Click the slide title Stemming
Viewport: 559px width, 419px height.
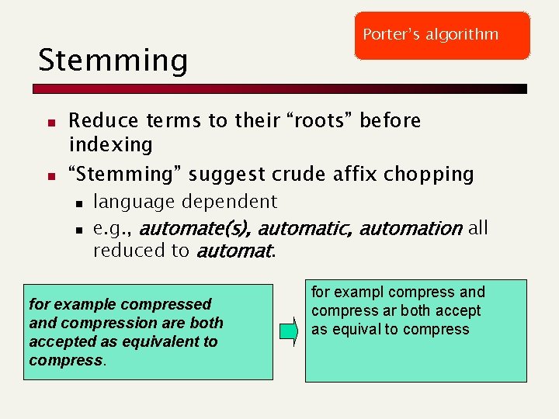pos(113,61)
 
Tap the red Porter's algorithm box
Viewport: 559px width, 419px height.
pos(442,36)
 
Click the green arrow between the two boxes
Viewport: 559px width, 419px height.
pos(289,332)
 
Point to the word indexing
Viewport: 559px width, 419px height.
pos(111,145)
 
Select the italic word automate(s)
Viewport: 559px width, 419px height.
pos(196,229)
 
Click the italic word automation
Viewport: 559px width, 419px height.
pos(411,229)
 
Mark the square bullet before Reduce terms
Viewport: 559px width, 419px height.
pos(49,123)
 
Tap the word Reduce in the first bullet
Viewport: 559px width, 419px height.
pos(97,121)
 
